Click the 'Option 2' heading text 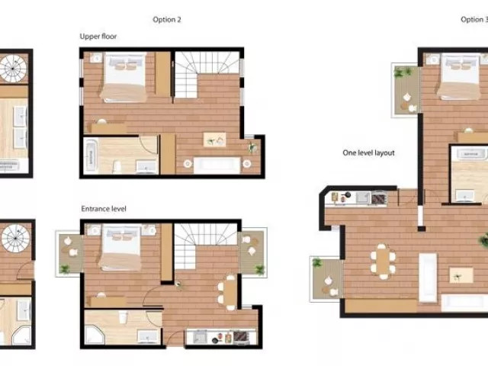pos(167,20)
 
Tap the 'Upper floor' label pos(98,37)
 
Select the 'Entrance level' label pos(104,208)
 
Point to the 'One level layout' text pos(368,152)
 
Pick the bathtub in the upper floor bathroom pos(91,156)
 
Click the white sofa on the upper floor pos(217,165)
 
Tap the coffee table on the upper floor pos(215,140)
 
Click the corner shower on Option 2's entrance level pos(95,335)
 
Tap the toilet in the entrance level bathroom pos(124,318)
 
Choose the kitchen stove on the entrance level pos(240,337)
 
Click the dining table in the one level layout pos(383,261)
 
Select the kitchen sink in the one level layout pos(363,197)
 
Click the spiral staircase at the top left pos(13,69)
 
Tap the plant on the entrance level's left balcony pos(65,269)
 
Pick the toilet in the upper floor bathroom pos(117,167)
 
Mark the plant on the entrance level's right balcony pos(259,269)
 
